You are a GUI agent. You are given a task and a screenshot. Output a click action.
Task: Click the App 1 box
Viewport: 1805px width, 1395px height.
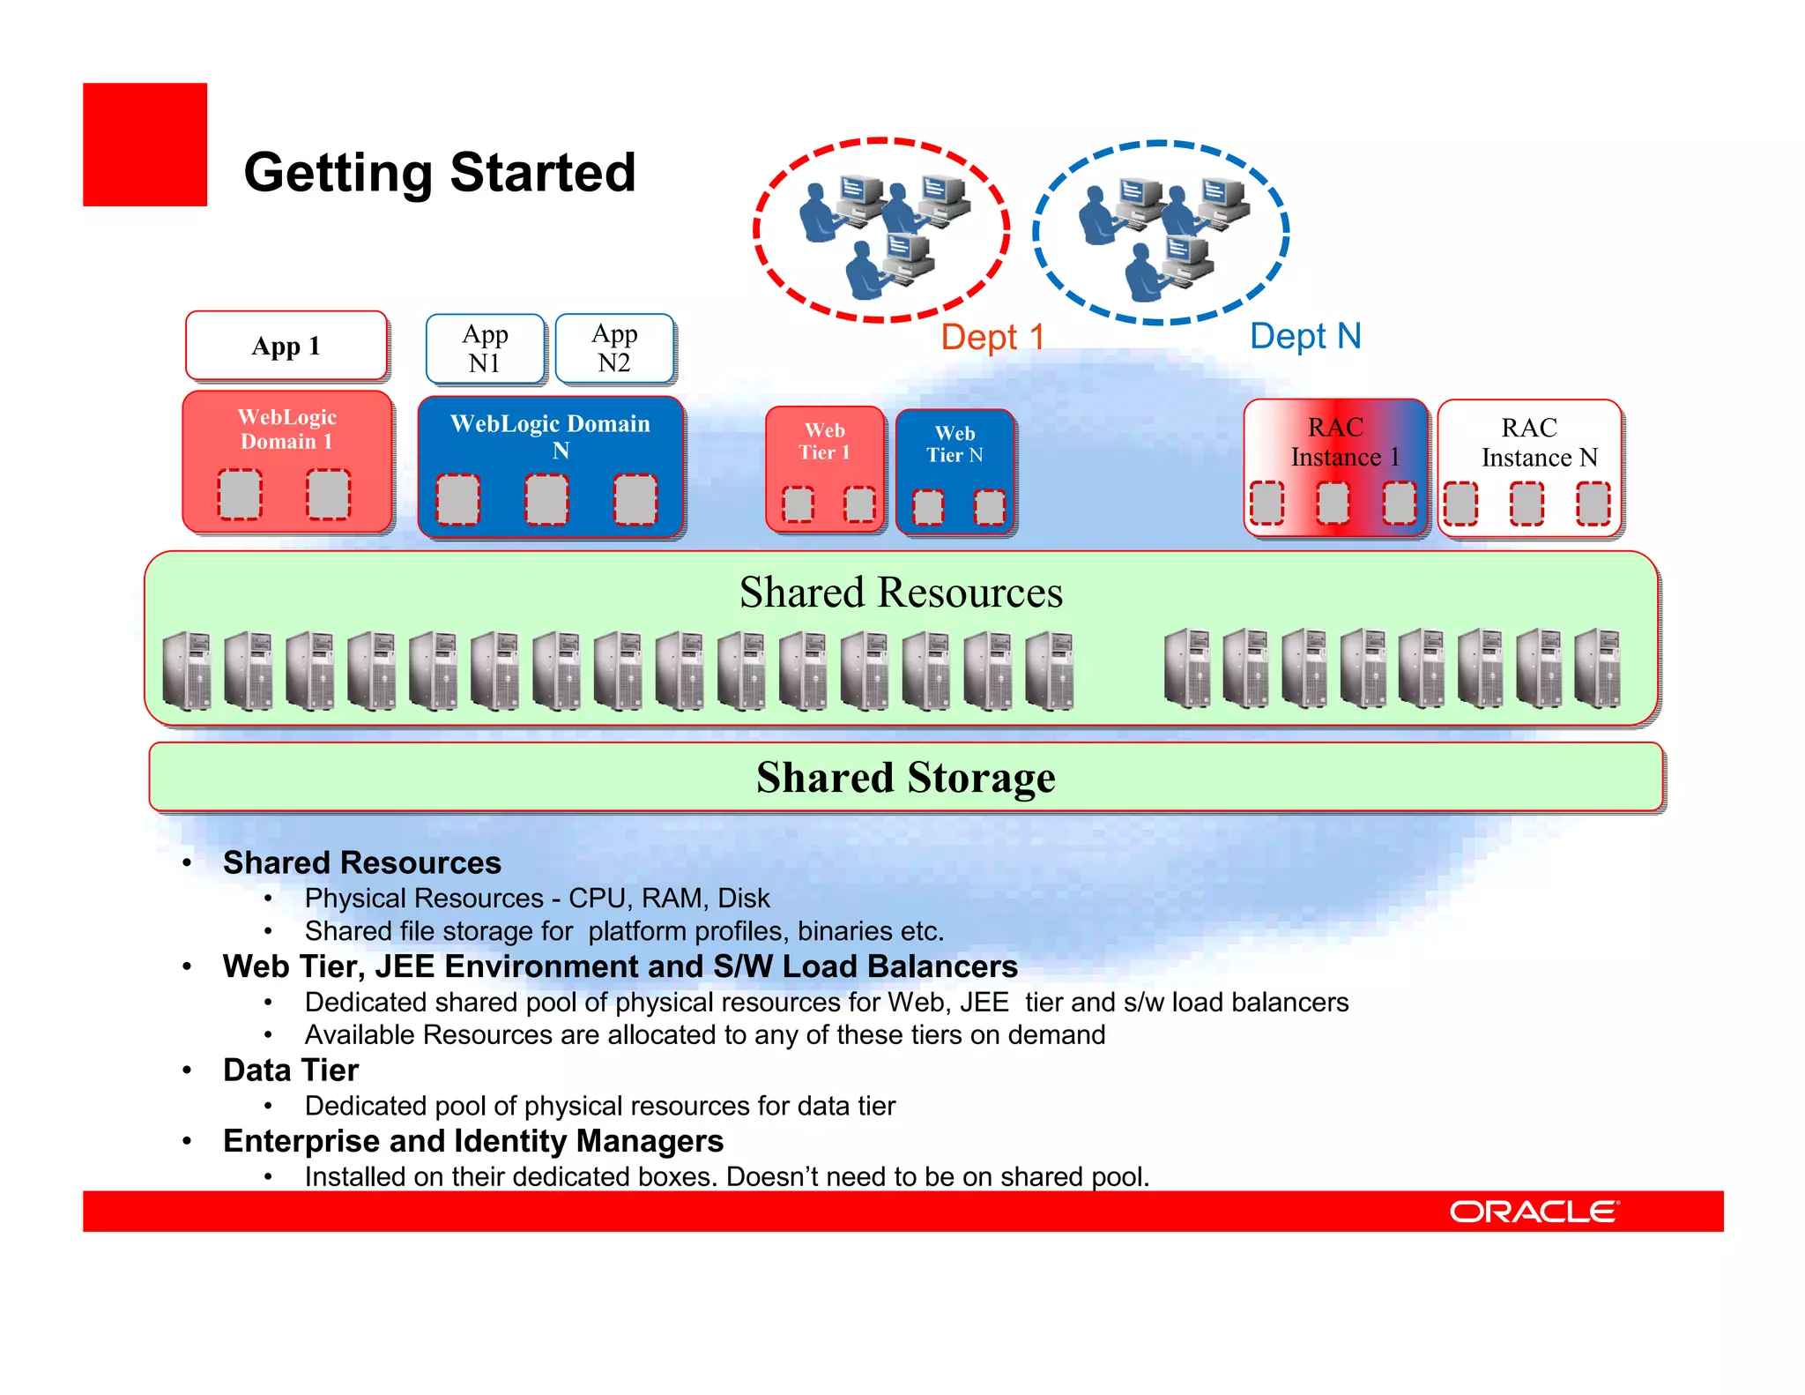(x=286, y=346)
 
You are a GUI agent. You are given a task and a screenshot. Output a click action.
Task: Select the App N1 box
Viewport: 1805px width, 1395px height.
(x=485, y=348)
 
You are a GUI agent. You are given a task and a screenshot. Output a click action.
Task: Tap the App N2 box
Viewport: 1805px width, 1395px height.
(x=614, y=348)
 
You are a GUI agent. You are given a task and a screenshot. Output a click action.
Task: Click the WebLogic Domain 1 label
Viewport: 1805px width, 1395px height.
(x=287, y=429)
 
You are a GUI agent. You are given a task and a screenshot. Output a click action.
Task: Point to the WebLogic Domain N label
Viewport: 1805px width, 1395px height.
(x=551, y=436)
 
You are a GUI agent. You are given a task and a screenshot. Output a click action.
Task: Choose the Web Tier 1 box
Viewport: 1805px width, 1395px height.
(x=825, y=468)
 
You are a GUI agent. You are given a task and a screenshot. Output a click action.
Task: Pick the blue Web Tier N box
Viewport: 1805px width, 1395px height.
(x=954, y=471)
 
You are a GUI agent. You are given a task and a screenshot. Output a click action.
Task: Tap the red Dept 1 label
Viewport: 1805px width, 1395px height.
(x=992, y=337)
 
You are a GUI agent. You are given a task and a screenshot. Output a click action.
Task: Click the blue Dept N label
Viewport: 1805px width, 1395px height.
(x=1305, y=336)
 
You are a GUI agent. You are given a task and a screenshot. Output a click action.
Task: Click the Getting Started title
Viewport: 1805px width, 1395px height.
(x=440, y=172)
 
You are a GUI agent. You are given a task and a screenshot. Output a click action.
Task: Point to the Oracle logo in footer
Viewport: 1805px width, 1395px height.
(x=1534, y=1212)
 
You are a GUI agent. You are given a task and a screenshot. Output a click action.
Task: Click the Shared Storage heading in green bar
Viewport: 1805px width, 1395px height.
(x=905, y=778)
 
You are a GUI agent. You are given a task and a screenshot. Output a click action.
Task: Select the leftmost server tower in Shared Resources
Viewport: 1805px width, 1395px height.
(x=187, y=671)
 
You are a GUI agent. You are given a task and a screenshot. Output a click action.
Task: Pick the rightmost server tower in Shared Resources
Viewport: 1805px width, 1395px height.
(x=1597, y=668)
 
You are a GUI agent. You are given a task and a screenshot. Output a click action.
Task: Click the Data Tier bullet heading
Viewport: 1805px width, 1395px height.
(x=291, y=1070)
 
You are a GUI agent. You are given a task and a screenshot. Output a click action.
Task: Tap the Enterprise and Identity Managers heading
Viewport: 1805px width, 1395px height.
(x=473, y=1141)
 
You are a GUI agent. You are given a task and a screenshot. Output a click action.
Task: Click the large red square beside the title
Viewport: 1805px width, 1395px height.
(x=145, y=145)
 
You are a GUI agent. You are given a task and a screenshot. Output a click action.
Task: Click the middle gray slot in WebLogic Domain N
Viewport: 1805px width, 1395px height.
(x=546, y=499)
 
